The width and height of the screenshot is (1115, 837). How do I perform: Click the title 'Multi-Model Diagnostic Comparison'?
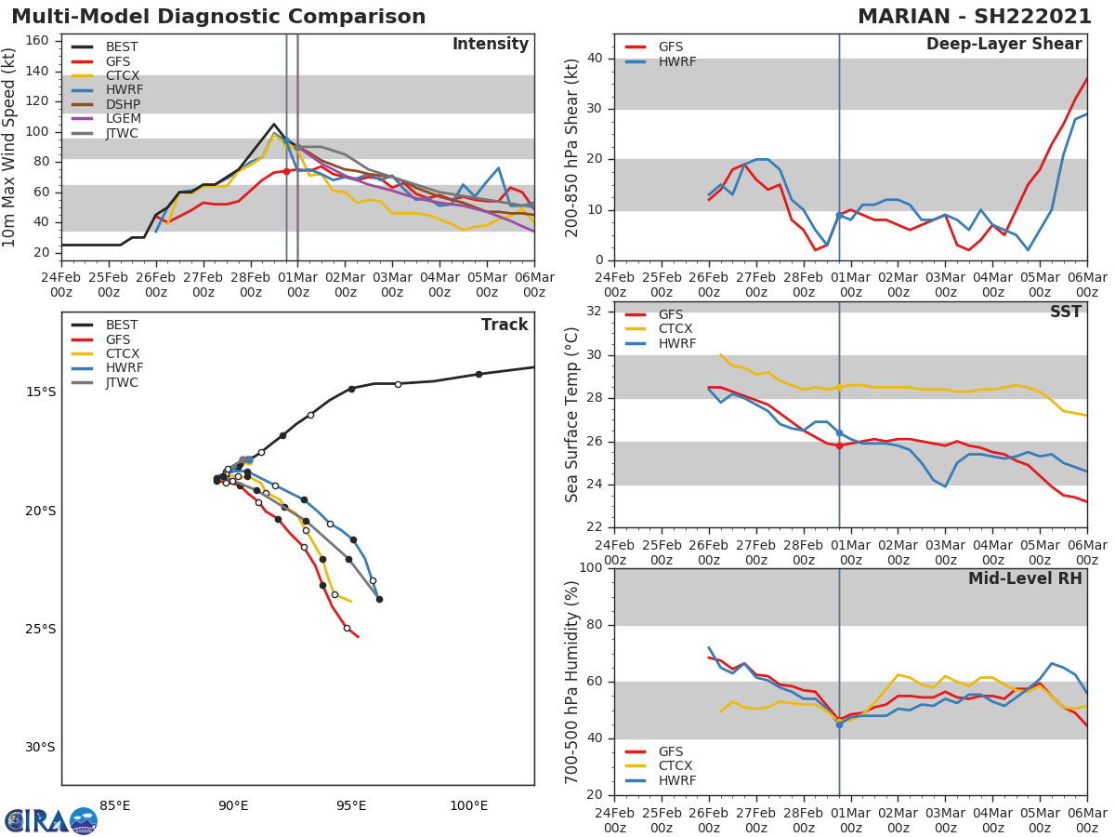tap(218, 18)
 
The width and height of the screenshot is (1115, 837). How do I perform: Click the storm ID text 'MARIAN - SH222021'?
tap(975, 18)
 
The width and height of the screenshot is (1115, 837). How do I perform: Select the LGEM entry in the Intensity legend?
tap(122, 119)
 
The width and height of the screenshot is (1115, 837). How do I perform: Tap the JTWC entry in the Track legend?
tap(122, 383)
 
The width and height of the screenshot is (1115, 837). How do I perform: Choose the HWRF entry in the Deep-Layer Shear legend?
tap(676, 62)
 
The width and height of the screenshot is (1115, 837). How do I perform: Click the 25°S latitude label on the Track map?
tap(40, 630)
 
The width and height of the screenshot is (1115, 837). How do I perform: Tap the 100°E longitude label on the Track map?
tap(468, 806)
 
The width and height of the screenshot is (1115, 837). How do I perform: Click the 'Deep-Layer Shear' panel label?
tap(1003, 45)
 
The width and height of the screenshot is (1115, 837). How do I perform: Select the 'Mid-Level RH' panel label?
tap(1025, 579)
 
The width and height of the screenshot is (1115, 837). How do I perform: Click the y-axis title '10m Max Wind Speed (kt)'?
tap(10, 148)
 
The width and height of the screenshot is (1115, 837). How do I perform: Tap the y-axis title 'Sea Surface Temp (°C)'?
tap(572, 415)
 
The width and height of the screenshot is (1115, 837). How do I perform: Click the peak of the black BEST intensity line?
tap(274, 124)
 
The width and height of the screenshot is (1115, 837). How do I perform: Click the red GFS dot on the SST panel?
tap(839, 445)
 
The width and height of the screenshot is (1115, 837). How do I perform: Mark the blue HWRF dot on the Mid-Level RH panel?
tap(839, 724)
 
